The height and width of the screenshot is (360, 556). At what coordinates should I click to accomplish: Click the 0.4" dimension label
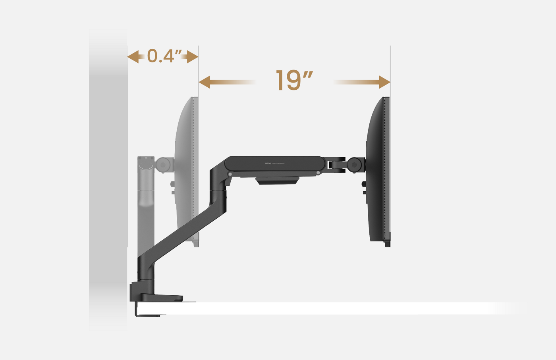(164, 56)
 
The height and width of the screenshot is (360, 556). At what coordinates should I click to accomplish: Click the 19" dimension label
(294, 81)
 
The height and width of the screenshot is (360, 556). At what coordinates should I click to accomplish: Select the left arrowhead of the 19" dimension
(204, 82)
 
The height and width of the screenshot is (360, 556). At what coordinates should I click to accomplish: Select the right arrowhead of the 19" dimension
(385, 82)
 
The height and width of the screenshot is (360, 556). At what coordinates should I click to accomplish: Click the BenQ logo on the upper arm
(268, 163)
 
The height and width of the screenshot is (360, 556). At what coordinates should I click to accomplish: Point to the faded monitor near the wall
(187, 171)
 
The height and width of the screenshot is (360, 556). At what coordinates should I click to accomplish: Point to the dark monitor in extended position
(377, 171)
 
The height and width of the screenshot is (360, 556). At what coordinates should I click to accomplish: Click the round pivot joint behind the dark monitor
(354, 165)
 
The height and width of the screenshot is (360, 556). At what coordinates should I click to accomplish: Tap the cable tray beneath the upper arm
(277, 181)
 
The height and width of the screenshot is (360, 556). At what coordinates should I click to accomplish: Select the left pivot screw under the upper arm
(230, 174)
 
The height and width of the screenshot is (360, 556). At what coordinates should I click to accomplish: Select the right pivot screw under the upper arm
(318, 173)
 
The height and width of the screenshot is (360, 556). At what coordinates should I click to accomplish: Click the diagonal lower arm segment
(183, 234)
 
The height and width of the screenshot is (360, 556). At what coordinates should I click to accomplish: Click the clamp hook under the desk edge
(147, 314)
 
